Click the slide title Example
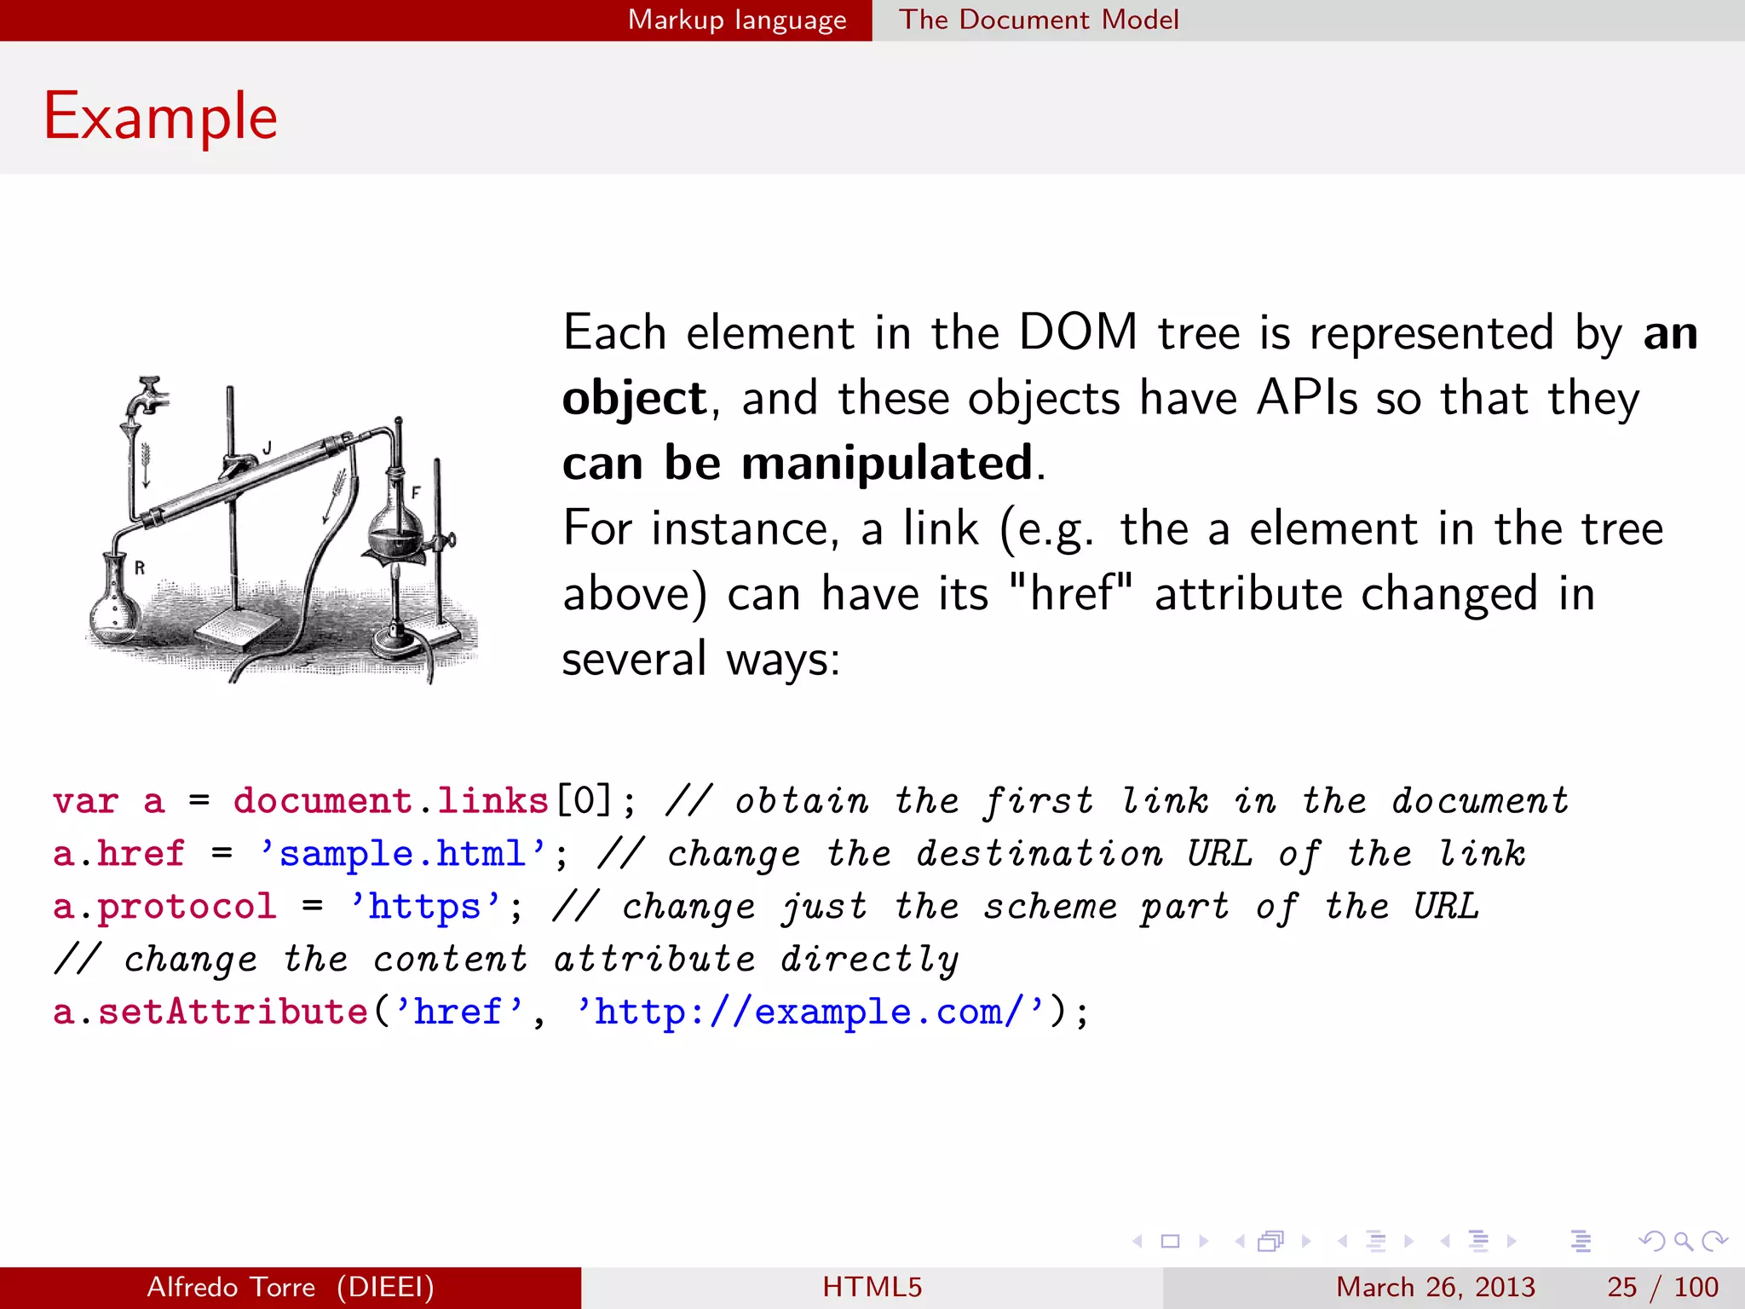click(160, 117)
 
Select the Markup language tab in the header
click(737, 20)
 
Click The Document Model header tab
click(1039, 20)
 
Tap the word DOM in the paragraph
click(1078, 332)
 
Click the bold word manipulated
click(887, 464)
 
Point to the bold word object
click(634, 399)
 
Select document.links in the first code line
click(391, 801)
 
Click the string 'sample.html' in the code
click(402, 854)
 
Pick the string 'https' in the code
click(424, 907)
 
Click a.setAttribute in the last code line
click(210, 1012)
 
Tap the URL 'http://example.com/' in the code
click(809, 1012)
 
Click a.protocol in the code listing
click(164, 907)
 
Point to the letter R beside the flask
click(140, 568)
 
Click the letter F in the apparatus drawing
click(416, 493)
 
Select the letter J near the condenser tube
click(267, 447)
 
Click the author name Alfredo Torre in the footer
click(231, 1287)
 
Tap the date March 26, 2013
click(1435, 1287)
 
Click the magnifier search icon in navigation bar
click(1683, 1241)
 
